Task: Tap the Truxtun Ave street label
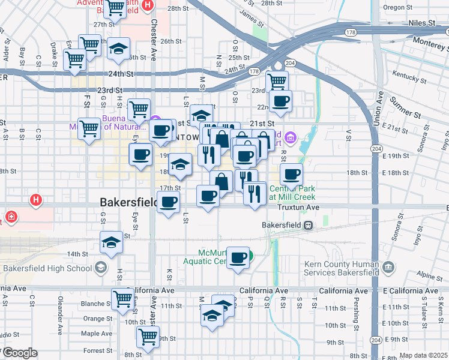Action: pos(298,207)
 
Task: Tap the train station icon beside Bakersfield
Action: pos(307,225)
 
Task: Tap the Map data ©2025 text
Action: pos(423,355)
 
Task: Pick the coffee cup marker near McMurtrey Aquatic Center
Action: pos(239,257)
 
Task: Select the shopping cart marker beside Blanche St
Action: pos(123,298)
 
